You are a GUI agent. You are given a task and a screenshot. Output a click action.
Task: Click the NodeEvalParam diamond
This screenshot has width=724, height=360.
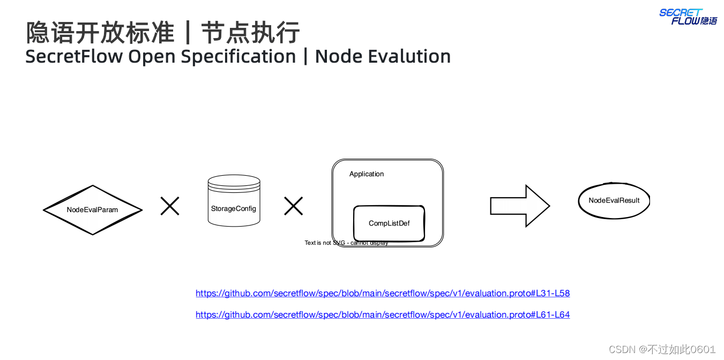(93, 210)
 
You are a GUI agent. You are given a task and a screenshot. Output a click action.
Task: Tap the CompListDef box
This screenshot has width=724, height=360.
(389, 223)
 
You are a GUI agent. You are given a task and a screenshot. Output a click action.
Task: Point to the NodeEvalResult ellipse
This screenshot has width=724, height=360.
(614, 200)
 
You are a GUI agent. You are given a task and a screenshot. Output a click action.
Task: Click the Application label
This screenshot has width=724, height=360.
(367, 174)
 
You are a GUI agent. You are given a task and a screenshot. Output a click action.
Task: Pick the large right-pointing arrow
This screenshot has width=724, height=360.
(519, 206)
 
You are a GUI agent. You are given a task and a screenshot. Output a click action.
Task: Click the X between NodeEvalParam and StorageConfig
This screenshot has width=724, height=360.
(170, 206)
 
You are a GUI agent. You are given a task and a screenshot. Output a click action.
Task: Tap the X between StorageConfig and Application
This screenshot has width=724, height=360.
(293, 206)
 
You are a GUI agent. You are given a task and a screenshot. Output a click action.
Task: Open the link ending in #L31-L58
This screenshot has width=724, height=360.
(383, 294)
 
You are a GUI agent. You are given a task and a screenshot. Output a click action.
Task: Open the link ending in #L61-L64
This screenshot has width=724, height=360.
(383, 315)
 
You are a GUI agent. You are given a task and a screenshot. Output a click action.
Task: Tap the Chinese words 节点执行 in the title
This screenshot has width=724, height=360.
(250, 33)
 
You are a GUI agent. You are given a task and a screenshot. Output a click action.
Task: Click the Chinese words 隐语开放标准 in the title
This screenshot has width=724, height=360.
(100, 33)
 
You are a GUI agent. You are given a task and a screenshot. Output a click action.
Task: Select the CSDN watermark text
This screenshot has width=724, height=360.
(662, 349)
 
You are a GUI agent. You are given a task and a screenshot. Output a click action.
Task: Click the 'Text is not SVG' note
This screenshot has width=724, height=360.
(346, 243)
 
